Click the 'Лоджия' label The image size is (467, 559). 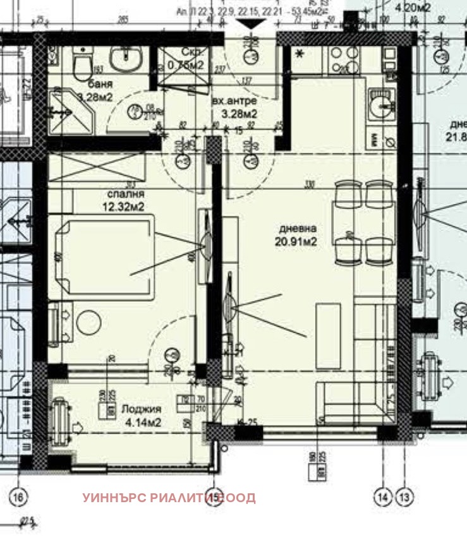[x=142, y=409]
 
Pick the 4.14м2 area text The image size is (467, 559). [x=142, y=421]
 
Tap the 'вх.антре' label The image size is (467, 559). [x=234, y=101]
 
